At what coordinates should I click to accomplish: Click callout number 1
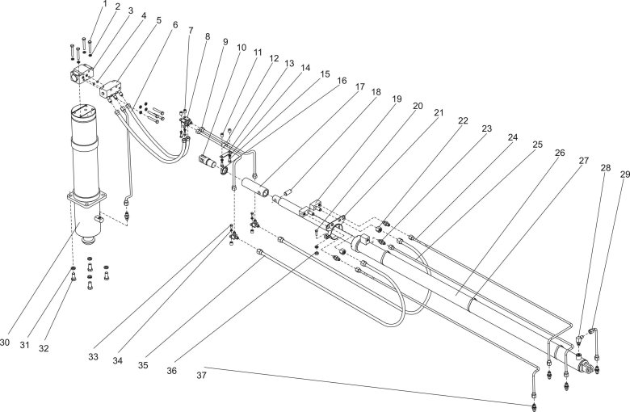[x=104, y=5]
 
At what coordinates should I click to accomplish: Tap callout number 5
[x=158, y=21]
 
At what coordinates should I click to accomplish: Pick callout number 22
[x=464, y=121]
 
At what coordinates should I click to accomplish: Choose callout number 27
[x=582, y=161]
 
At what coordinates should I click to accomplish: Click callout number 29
[x=624, y=173]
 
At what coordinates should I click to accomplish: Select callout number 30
[x=6, y=343]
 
